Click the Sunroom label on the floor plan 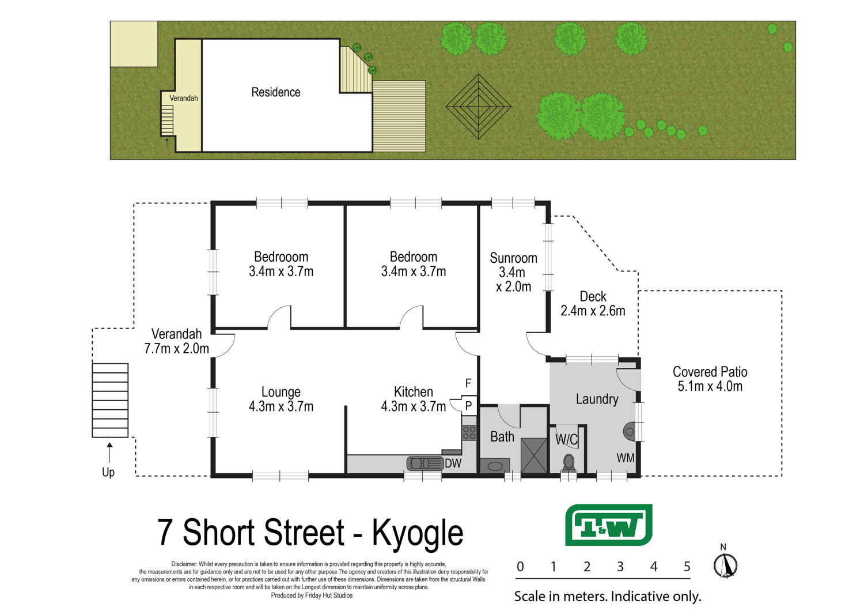[x=513, y=258]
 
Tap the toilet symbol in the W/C [x=569, y=462]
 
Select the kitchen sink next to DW [x=425, y=463]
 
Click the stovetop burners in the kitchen [x=469, y=433]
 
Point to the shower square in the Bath [x=534, y=455]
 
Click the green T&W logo [x=609, y=525]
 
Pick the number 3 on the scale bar [x=620, y=567]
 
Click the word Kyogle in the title [x=418, y=533]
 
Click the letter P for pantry [x=469, y=406]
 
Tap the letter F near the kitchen [x=468, y=383]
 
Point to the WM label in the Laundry [x=625, y=458]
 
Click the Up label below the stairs [x=108, y=473]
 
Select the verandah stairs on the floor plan [x=110, y=400]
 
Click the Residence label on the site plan [x=276, y=92]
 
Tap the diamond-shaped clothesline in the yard [x=479, y=107]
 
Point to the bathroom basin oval [x=494, y=466]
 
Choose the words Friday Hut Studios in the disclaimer [x=329, y=595]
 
